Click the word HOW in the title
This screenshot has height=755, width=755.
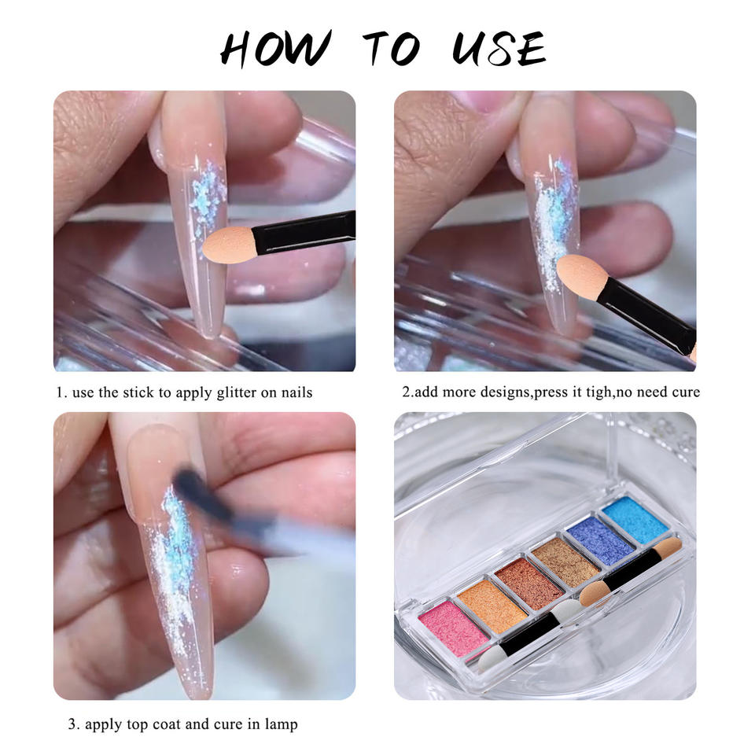pos(275,49)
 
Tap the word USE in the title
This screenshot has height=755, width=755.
pos(499,48)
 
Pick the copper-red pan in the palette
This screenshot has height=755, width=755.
pos(528,580)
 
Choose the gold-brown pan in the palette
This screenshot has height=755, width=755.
pos(565,560)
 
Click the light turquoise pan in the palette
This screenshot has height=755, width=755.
pos(635,520)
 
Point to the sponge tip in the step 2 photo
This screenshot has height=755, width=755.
pos(580,276)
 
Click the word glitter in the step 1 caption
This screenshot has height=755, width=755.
pos(237,393)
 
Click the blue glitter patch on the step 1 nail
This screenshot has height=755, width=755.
pos(206,193)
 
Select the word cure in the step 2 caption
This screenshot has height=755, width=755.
pos(686,392)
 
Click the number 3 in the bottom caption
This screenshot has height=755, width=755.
pos(72,724)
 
